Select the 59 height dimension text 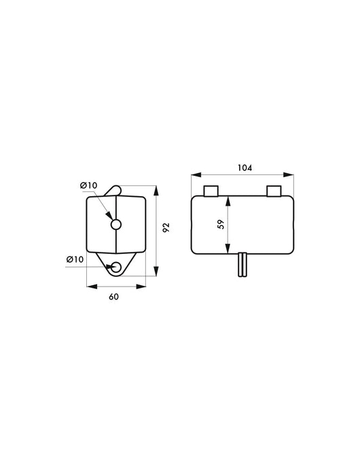tap(220, 225)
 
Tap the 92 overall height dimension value tap(166, 228)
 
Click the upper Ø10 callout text tap(88, 185)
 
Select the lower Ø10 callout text tap(75, 259)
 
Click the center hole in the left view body tap(116, 224)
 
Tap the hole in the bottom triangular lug tap(117, 267)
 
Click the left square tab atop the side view tap(211, 190)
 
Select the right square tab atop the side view tap(274, 190)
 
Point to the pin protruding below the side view tap(242, 265)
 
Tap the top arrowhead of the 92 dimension tap(156, 187)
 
